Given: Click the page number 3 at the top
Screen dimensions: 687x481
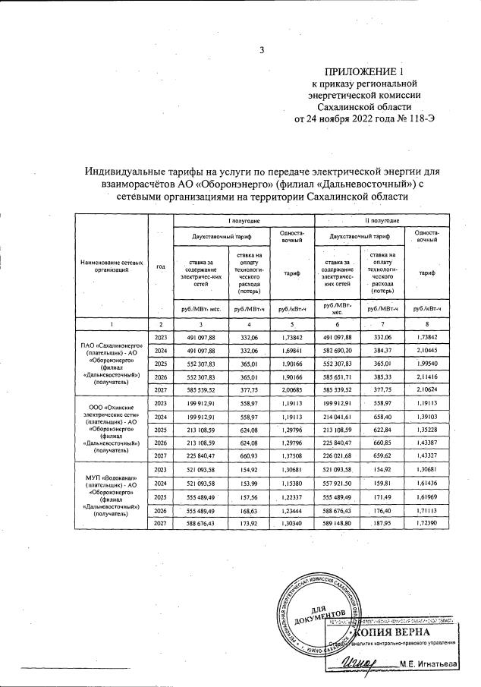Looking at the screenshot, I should (262, 51).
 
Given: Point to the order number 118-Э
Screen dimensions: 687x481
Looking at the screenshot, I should (417, 119).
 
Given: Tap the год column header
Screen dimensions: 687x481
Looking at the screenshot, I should (160, 266).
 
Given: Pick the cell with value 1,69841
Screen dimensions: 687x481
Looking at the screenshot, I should (292, 351).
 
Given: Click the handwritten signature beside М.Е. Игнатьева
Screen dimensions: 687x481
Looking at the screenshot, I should (363, 664).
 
